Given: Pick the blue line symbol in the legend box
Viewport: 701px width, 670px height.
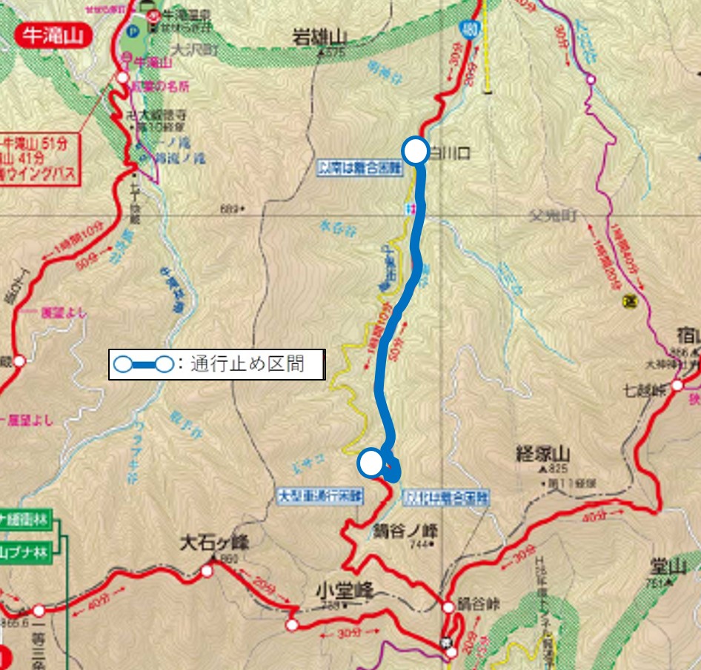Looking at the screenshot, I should coord(144,364).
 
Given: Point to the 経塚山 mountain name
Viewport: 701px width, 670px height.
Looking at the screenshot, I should coord(543,454).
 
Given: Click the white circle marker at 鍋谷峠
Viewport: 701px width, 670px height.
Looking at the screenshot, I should coord(448,607).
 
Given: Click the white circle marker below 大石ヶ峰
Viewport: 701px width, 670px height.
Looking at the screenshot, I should coord(206,571).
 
